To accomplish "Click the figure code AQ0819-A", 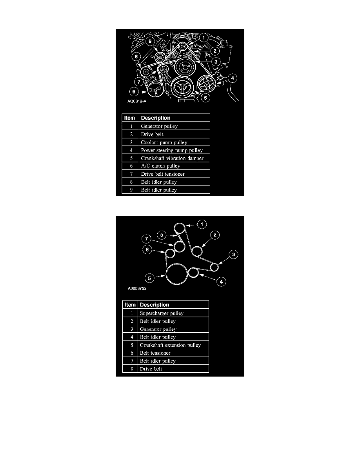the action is pos(137,101).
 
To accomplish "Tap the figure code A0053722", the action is pos(137,288).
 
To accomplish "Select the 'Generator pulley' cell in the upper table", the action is pos(159,126).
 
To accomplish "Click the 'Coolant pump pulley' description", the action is pos(164,142).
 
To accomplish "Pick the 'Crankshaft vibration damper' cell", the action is pos(172,158).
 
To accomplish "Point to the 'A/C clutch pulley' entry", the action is pos(160,166).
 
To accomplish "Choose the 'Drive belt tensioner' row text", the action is pos(163,174).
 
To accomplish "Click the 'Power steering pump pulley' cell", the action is pos(172,150).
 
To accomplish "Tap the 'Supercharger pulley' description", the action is pos(162,313).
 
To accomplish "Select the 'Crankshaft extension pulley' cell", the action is pos(170,345).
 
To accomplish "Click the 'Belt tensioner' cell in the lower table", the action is pos(155,353).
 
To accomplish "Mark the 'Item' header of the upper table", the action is pos(129,118).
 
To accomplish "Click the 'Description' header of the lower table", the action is pos(155,305).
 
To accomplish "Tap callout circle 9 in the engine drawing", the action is pos(150,41).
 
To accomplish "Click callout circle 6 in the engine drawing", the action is pos(134,92).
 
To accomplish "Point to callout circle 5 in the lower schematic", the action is pos(149,279).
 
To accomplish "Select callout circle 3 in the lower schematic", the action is pos(233,255).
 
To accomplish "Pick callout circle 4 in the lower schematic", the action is pos(221,282).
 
